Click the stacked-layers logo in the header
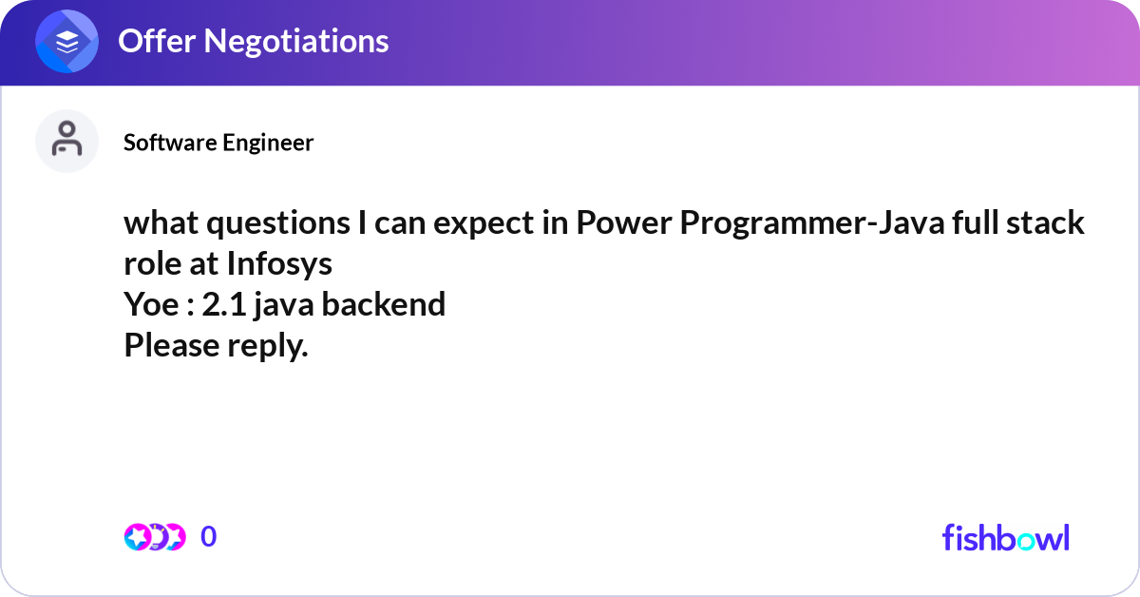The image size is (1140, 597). pos(67,42)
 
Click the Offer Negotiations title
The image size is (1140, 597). pos(253,41)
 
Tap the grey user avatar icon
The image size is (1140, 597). pos(67,141)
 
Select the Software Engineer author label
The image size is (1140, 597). pos(218,143)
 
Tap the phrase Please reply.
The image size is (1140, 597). pos(216,346)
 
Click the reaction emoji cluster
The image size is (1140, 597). pos(154,537)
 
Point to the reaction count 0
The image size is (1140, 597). pos(209,537)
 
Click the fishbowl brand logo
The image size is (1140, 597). pos(1005,537)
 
